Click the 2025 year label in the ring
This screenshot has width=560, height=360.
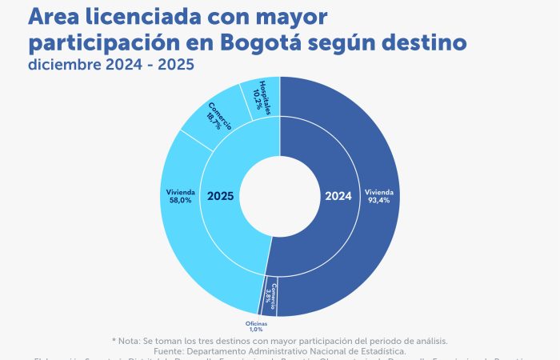coord(221,195)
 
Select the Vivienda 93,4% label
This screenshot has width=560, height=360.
coord(378,197)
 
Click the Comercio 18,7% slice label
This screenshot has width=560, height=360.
coord(220,116)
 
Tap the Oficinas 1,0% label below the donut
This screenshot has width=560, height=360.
coord(255,326)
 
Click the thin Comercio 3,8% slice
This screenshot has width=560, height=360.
coord(270,296)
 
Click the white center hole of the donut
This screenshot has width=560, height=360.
coord(280,196)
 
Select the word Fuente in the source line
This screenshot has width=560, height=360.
coord(172,350)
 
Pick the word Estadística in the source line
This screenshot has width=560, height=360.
coord(378,350)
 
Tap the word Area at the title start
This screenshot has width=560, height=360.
coord(54,17)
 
